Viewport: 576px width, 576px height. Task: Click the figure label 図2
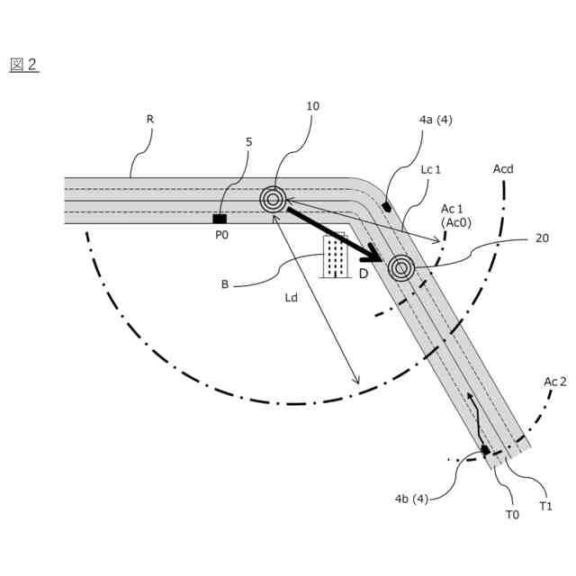[23, 65]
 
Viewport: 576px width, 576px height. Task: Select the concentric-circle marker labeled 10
[273, 199]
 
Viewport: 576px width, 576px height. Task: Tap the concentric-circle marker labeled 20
[400, 267]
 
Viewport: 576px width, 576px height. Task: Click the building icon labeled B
[336, 256]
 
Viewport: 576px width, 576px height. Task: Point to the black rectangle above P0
[220, 219]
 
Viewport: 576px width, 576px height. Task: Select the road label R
[149, 118]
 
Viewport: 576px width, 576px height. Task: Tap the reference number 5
[248, 141]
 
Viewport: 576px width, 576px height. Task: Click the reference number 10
[312, 106]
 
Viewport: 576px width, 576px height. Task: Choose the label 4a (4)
[436, 118]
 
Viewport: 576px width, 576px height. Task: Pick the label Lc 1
[431, 169]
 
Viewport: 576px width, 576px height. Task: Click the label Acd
[503, 168]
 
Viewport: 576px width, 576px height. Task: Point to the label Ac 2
[554, 381]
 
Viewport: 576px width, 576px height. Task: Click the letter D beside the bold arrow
[364, 274]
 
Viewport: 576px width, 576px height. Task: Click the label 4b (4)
[411, 499]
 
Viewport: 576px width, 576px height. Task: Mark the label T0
[512, 514]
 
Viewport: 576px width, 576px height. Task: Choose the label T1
[545, 506]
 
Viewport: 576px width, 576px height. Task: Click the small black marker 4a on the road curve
[387, 205]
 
